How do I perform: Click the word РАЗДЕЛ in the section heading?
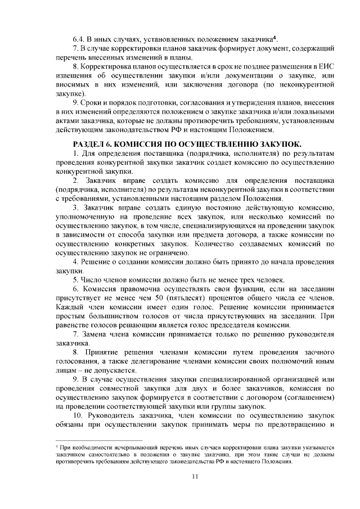89,143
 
